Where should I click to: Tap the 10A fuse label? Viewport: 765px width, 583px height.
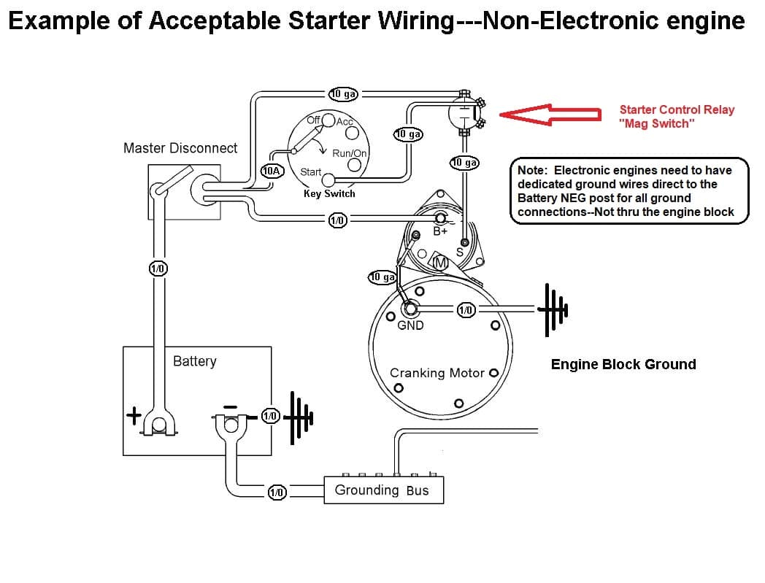272,171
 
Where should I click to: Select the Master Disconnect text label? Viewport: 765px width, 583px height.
180,148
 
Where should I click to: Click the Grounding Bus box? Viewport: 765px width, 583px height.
382,490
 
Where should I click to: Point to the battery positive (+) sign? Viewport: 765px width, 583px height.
134,417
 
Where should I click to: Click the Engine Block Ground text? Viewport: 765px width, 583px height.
623,364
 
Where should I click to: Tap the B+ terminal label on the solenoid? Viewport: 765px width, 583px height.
440,232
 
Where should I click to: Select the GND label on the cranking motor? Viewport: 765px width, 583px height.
410,325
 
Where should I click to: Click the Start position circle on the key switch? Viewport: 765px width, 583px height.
329,180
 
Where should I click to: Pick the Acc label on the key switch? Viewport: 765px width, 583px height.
345,121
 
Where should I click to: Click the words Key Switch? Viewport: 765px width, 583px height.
329,193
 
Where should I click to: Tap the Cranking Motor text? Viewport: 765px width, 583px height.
437,373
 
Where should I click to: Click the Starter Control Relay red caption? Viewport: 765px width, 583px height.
676,116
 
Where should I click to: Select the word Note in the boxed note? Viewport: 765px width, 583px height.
531,170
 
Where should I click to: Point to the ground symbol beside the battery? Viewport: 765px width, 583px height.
299,417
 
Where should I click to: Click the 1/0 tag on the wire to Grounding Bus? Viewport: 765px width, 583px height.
276,493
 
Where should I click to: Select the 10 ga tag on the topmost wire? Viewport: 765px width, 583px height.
342,93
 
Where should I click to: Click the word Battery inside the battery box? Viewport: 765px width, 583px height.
194,361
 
